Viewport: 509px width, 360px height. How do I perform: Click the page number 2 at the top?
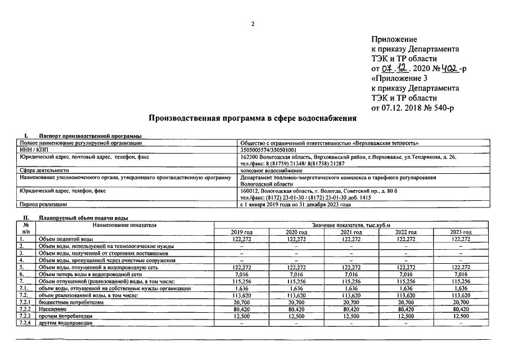click(253, 24)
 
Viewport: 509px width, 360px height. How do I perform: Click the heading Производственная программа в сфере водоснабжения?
click(253, 119)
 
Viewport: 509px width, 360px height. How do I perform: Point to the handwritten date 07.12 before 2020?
click(397, 69)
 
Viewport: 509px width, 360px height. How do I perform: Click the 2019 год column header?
click(242, 232)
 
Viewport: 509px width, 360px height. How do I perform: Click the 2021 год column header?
click(351, 232)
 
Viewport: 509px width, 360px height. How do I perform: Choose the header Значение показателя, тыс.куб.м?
click(350, 225)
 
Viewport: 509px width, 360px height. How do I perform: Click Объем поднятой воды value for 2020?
click(296, 239)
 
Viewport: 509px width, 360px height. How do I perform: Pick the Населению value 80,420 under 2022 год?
click(406, 309)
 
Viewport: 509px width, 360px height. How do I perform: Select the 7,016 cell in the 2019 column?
click(242, 274)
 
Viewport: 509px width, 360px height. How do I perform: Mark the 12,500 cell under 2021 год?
click(351, 316)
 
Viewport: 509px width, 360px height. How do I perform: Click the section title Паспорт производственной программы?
click(89, 136)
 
